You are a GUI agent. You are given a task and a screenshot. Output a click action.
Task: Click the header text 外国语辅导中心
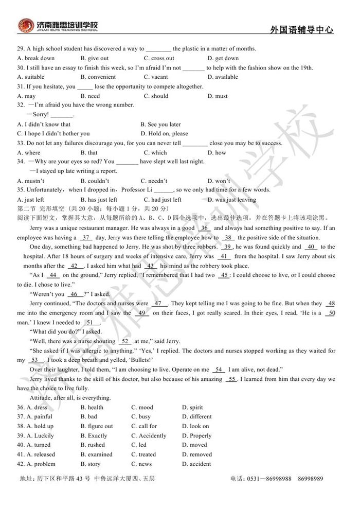click(301, 30)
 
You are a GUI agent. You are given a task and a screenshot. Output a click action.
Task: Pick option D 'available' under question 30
click(223, 77)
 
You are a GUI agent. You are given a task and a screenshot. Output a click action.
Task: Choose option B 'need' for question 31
click(90, 96)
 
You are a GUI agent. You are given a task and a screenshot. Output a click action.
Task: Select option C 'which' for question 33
click(155, 152)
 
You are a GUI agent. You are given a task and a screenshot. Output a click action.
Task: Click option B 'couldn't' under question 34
click(95, 181)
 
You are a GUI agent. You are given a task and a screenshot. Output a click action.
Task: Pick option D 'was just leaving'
click(231, 200)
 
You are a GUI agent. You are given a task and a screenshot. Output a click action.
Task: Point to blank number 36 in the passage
click(204, 228)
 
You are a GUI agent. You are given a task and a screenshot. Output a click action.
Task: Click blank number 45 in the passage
click(224, 275)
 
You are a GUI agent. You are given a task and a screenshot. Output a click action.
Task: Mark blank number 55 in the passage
click(231, 379)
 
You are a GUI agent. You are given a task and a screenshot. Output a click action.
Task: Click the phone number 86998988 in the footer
click(280, 479)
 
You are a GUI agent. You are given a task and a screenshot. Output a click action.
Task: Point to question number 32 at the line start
click(21, 105)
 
